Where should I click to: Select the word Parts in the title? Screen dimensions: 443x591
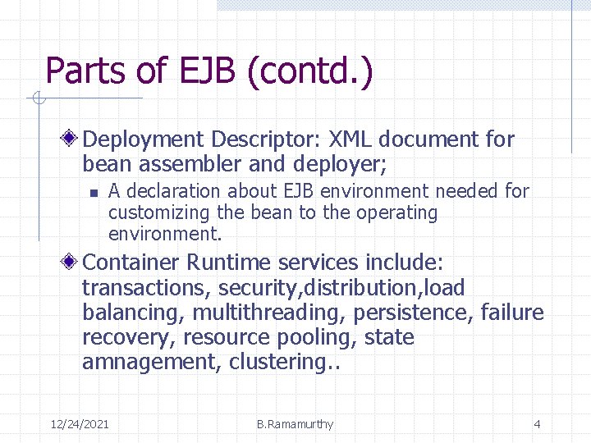(86, 71)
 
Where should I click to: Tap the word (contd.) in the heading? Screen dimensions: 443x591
(309, 71)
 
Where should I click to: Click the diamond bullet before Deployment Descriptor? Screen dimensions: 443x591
(73, 139)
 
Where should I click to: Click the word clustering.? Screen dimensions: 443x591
(275, 362)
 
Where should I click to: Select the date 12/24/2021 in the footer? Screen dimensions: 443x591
(80, 424)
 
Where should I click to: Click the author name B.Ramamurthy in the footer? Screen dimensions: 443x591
(295, 424)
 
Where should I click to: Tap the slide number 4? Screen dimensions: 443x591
(537, 424)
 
